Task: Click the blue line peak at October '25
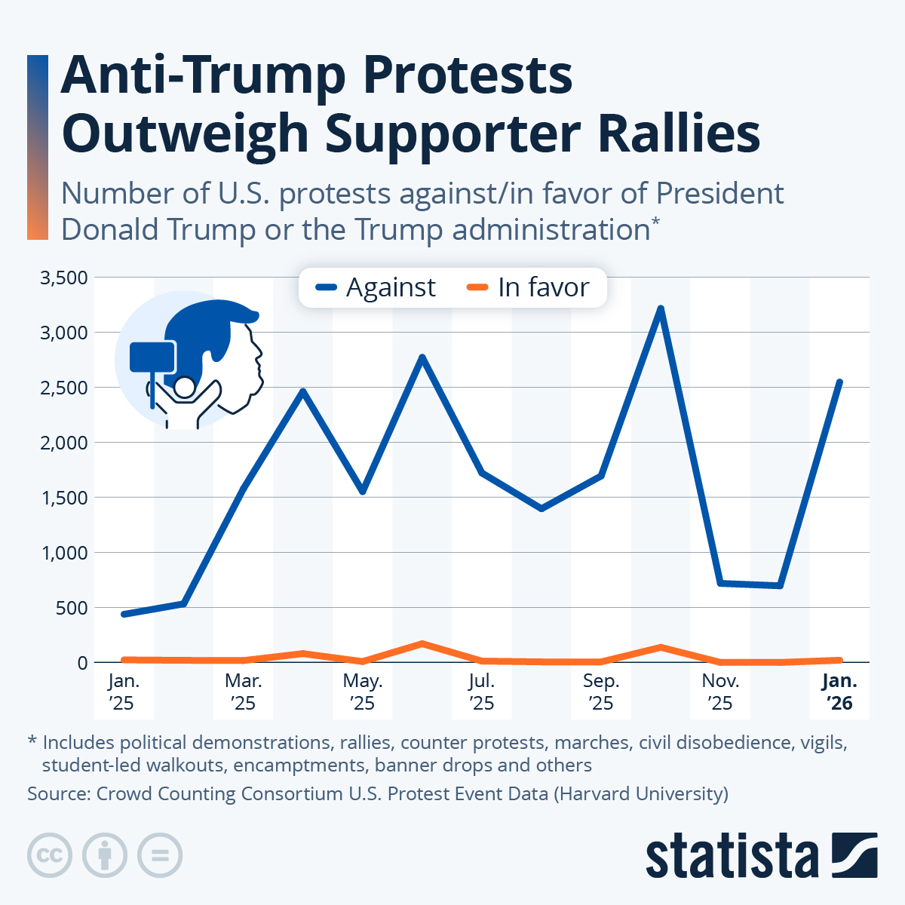661,308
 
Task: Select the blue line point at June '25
422,357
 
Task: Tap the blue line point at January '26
839,382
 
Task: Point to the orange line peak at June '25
422,643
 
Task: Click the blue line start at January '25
124,614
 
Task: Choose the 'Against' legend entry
376,287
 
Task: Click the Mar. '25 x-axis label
244,692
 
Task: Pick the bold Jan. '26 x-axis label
839,692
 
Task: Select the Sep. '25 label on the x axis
601,692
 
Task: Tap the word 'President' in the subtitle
719,194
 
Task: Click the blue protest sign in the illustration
152,357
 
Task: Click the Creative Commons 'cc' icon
50,856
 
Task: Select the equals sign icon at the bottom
160,856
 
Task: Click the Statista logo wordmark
732,856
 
